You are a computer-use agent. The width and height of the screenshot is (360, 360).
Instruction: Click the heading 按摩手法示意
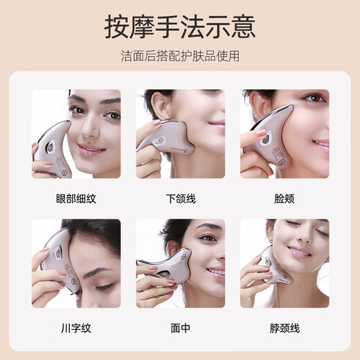click(x=180, y=27)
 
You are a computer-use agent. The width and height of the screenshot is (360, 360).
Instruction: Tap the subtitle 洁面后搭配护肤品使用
click(x=180, y=56)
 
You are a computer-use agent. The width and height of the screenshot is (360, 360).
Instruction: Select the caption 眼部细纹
click(x=76, y=199)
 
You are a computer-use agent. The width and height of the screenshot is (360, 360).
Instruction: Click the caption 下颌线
click(x=181, y=199)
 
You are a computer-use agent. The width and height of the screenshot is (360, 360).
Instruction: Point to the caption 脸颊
click(x=285, y=199)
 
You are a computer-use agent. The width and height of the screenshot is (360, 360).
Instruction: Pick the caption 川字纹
click(x=76, y=328)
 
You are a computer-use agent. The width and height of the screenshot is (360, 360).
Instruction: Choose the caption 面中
click(x=181, y=328)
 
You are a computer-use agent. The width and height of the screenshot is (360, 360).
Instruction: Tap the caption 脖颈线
click(x=285, y=328)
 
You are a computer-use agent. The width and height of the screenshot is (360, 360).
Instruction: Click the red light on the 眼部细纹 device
click(x=50, y=147)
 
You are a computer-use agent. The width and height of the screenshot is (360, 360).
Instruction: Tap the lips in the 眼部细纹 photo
click(x=91, y=149)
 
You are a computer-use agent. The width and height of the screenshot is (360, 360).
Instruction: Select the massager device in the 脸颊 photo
click(x=270, y=136)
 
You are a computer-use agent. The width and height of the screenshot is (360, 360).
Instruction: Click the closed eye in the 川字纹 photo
click(x=105, y=287)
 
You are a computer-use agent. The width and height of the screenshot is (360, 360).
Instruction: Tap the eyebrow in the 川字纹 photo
click(x=98, y=272)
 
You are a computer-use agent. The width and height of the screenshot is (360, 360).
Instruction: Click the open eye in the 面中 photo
click(x=208, y=237)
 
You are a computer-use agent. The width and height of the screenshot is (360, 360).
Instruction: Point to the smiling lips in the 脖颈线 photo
click(x=299, y=252)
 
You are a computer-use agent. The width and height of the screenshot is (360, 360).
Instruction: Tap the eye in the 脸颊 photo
click(x=314, y=98)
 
